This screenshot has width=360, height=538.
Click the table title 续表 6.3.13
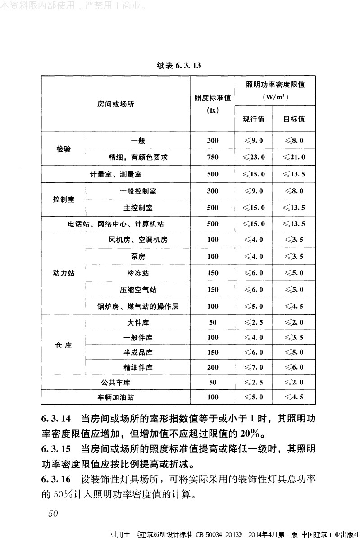pos(179,65)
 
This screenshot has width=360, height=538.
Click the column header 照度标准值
pos(212,98)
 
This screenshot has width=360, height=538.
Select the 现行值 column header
pos(253,119)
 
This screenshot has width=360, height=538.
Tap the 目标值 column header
pos(294,119)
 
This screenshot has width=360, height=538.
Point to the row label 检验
pos(64,149)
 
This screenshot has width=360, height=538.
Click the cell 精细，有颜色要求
pos(138,157)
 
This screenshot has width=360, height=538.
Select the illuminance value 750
pos(212,157)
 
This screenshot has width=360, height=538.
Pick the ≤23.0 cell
pos(253,157)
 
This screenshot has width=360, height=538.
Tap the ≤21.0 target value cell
pos(294,157)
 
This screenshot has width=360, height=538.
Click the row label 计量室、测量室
pos(115,174)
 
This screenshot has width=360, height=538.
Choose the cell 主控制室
pos(138,208)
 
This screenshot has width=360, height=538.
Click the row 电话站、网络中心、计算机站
pos(115,223)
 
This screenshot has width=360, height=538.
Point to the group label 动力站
pos(64,273)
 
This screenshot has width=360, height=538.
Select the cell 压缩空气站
pos(138,289)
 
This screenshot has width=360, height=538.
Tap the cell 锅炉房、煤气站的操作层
pos(138,307)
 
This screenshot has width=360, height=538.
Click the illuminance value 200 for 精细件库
pos(212,367)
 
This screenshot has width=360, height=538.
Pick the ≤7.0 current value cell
pos(253,367)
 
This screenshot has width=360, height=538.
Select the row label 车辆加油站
pos(115,397)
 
